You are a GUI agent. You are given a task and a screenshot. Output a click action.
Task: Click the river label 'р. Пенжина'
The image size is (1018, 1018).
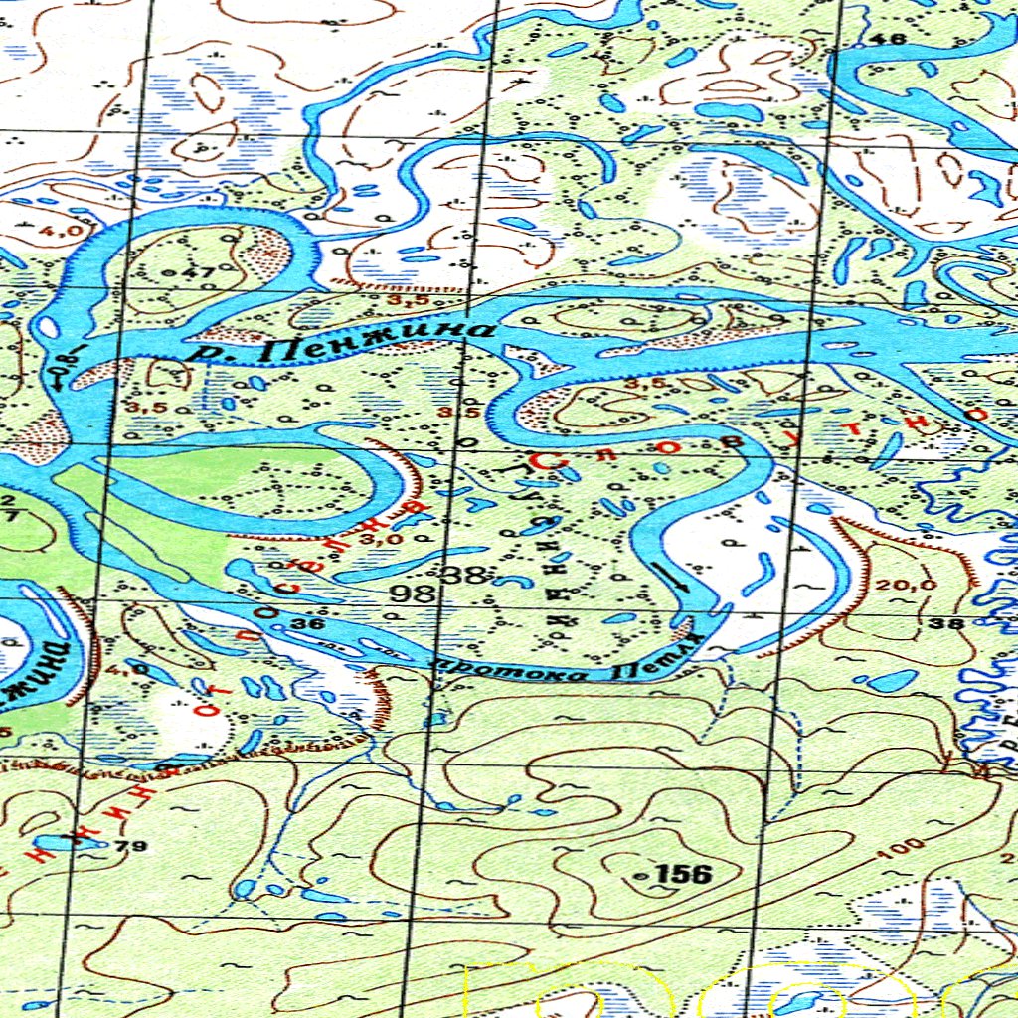click(343, 342)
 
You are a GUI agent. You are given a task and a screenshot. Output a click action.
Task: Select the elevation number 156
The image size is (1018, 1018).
click(685, 874)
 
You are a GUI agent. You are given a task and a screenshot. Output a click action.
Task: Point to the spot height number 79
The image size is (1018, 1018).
click(130, 847)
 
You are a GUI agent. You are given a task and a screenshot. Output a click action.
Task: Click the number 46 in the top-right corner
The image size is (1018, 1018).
click(893, 39)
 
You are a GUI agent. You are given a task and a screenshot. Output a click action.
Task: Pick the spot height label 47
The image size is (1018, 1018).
click(201, 272)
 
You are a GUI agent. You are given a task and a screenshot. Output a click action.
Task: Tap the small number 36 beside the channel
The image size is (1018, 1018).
click(309, 624)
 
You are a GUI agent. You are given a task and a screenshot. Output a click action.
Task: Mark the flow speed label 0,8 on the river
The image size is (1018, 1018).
click(66, 365)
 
